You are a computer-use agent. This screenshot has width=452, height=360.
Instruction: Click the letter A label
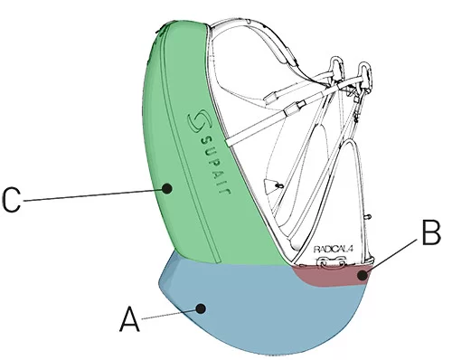[x=130, y=318]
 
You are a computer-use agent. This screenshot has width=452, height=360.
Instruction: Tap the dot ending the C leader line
[x=167, y=188]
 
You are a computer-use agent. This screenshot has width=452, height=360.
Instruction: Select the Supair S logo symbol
[x=193, y=119]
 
